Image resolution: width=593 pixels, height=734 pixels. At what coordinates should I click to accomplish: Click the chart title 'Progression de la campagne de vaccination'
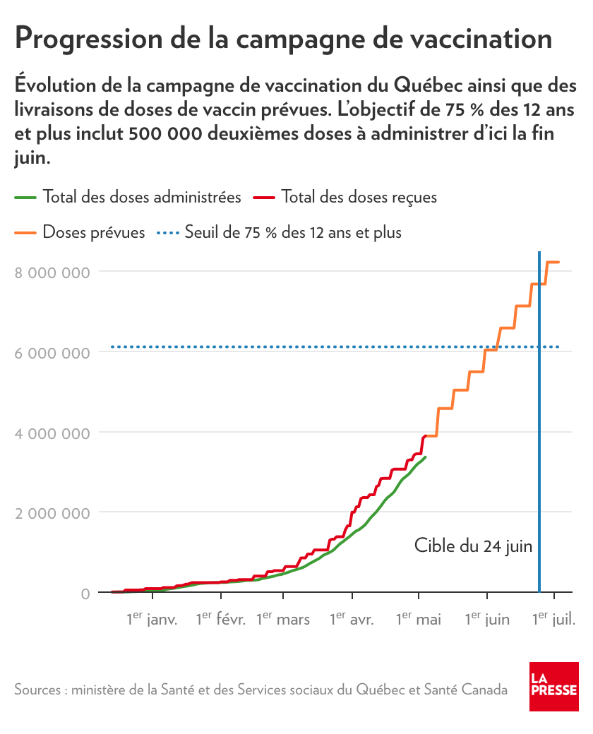tap(283, 38)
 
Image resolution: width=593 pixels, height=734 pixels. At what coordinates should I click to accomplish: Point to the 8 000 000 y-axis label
tap(52, 272)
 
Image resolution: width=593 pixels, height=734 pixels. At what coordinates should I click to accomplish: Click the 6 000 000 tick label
tap(52, 353)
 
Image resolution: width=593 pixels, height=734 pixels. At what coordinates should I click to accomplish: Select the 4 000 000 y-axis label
tap(52, 433)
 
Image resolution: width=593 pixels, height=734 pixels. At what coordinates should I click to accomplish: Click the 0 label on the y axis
tap(85, 594)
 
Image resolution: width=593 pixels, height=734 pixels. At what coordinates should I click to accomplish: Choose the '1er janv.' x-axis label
tap(152, 620)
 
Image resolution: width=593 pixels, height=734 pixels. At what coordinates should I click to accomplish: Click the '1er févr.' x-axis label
tap(220, 620)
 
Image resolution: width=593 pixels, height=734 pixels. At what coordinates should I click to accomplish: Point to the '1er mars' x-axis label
tap(283, 620)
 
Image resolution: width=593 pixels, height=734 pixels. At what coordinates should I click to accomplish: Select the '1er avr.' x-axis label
tap(352, 620)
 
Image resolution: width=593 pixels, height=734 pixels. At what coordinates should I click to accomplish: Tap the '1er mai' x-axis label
tap(419, 620)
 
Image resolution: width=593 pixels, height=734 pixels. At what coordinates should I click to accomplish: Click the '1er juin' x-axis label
tap(487, 620)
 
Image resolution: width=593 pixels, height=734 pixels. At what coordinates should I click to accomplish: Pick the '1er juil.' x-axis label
tap(554, 620)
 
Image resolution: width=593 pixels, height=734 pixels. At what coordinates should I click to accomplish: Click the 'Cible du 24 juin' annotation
tap(473, 546)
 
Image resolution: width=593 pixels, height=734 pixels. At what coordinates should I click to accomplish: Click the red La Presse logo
tap(554, 687)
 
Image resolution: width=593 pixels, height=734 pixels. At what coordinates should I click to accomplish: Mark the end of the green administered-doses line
tap(426, 457)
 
